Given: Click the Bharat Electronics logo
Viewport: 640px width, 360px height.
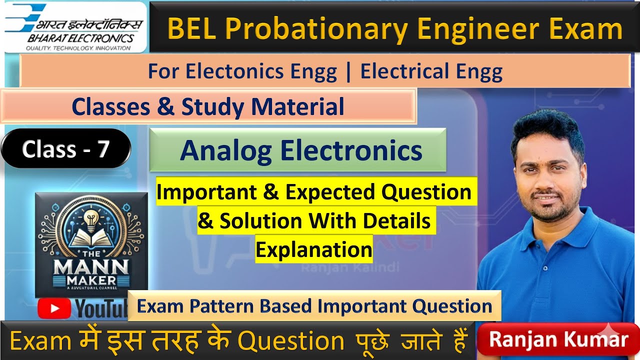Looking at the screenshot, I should coord(75,27).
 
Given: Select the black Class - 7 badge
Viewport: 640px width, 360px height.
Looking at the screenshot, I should coord(65,148).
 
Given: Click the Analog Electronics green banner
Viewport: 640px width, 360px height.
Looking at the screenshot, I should coord(297,150).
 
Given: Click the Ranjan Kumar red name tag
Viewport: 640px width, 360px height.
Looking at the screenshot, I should coord(558,339).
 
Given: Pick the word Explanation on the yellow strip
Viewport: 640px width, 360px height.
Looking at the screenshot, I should coord(314,248).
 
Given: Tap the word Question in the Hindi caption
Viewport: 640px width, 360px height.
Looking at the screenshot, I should coord(290,341).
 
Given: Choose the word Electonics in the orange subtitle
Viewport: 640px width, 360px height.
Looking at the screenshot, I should coord(261,72).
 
